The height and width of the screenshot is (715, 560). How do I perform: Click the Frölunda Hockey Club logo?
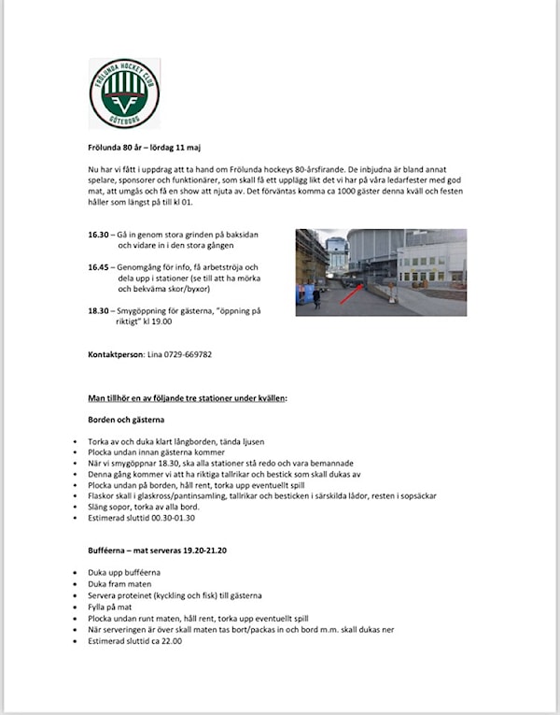124,93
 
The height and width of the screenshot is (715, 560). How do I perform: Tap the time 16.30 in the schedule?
99,235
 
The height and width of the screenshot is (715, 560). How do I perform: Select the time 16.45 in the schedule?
99,267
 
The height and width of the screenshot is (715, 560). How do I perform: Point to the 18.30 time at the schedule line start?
99,311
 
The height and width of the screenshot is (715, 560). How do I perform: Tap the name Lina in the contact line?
155,354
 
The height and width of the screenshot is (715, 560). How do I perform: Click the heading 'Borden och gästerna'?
126,420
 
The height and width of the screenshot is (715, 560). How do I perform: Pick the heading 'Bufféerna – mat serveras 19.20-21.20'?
157,551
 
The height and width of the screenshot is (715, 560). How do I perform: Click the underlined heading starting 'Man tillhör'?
188,398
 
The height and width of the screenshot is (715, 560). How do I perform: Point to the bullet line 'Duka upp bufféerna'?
124,572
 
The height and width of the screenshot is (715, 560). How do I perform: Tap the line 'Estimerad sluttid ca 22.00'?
134,641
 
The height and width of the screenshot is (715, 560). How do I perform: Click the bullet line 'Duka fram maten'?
119,583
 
